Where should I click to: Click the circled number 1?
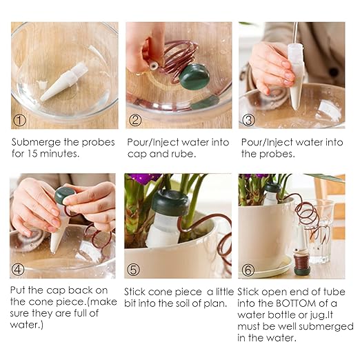pyautogui.click(x=19, y=120)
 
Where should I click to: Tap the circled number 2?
pyautogui.click(x=135, y=120)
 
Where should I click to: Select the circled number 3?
pyautogui.click(x=249, y=120)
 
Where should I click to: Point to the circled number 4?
pyautogui.click(x=18, y=269)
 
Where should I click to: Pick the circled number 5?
pyautogui.click(x=133, y=270)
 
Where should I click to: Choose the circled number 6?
pyautogui.click(x=248, y=270)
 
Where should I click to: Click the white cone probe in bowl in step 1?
pyautogui.click(x=64, y=81)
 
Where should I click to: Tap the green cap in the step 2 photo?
pyautogui.click(x=194, y=77)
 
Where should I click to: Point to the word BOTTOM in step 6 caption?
pyautogui.click(x=296, y=303)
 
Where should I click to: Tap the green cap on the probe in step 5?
pyautogui.click(x=170, y=202)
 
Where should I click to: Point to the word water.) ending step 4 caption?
pyautogui.click(x=27, y=325)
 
